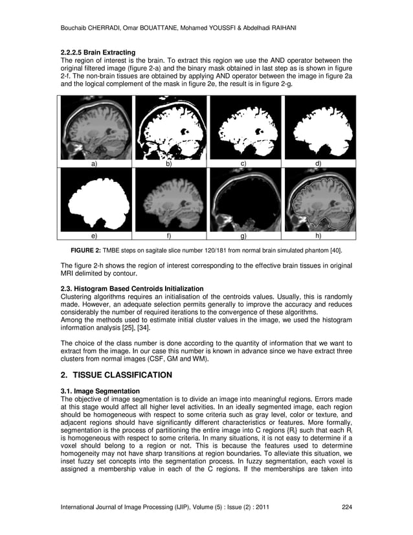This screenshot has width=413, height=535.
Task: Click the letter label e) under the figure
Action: point(95,237)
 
